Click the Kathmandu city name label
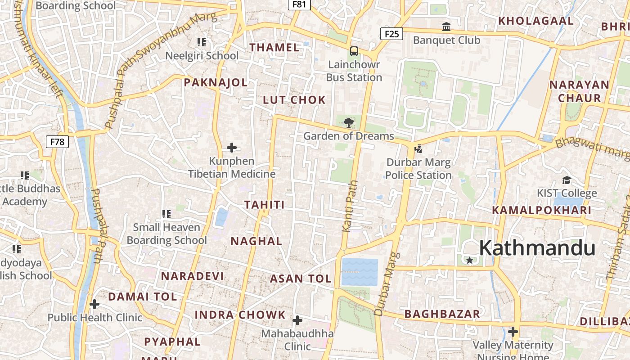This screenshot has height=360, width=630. [537, 248]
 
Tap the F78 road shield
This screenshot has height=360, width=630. [57, 142]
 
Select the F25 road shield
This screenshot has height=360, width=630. [391, 34]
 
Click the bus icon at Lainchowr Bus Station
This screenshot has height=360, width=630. [354, 51]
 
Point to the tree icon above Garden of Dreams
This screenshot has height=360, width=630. [348, 122]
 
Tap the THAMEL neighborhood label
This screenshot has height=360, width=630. [274, 47]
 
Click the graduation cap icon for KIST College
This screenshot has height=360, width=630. [567, 180]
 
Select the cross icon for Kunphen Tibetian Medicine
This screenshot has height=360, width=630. [232, 148]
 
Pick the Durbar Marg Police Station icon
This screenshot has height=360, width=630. [418, 148]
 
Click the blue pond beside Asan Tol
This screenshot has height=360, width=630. [359, 272]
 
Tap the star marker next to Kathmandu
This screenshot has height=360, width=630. [470, 260]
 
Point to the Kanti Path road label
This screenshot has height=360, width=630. [350, 206]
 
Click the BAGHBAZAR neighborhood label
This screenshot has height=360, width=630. [442, 314]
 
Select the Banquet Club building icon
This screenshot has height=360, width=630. [446, 27]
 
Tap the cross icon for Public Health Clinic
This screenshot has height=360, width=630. [94, 304]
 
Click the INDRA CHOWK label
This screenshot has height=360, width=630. [240, 315]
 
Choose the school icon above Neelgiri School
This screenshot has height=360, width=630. [202, 42]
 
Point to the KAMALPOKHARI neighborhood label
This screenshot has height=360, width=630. [541, 210]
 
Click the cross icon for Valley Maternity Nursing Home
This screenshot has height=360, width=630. [513, 332]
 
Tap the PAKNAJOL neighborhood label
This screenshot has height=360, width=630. [216, 82]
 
